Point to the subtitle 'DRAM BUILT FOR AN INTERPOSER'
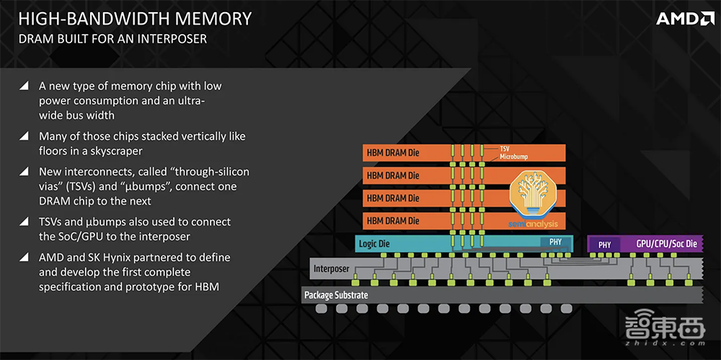[112, 38]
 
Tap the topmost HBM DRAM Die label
[392, 153]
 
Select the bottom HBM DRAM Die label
[392, 220]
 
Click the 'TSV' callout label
[506, 147]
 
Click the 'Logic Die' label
[374, 244]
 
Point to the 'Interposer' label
[331, 269]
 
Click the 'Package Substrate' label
[336, 295]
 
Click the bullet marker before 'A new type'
[25, 86]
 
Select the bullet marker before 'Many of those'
[25, 136]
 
